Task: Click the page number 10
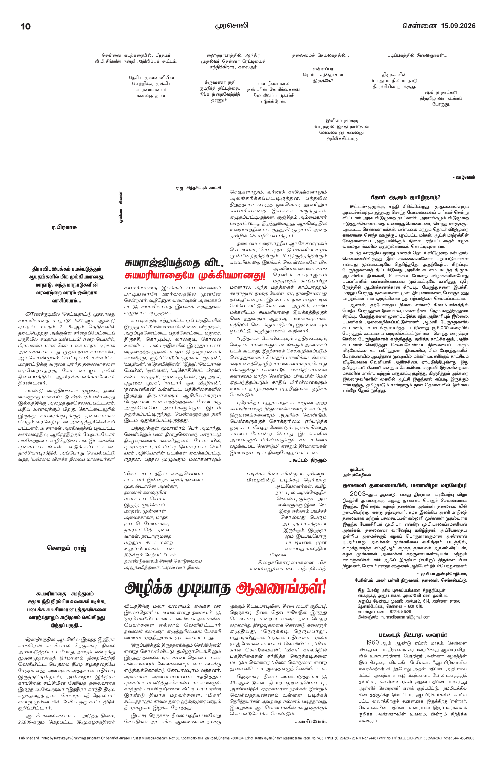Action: pos(26,26)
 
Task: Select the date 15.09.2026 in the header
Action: pos(458,26)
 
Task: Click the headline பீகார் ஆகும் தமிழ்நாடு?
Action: pos(405,198)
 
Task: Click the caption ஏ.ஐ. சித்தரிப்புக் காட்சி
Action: pos(198,188)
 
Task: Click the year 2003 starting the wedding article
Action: pos(359,494)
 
